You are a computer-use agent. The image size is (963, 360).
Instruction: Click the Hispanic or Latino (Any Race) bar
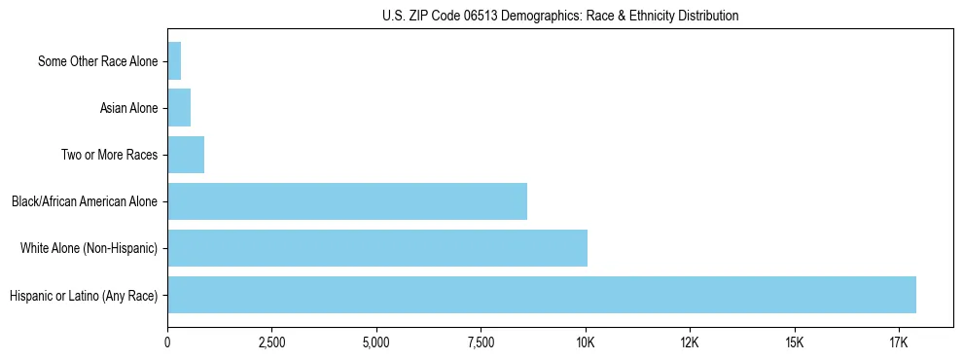pos(542,295)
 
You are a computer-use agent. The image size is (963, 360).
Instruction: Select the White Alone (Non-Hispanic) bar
pos(377,248)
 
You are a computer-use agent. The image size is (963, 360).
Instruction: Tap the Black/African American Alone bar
pos(347,201)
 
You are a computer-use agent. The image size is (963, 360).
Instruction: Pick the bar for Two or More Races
pos(186,155)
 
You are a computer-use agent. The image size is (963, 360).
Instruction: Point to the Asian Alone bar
pos(179,108)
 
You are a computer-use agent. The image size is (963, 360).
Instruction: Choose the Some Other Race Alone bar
pos(174,61)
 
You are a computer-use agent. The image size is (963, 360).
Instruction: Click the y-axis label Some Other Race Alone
pos(97,61)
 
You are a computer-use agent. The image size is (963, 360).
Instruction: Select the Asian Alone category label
pos(128,108)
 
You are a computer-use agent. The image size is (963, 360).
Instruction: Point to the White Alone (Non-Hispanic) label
pos(89,248)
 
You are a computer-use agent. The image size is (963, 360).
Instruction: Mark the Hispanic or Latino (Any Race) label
pos(84,295)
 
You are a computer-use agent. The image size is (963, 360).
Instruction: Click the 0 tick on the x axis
pos(167,343)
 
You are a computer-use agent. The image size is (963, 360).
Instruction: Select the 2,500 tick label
pos(271,343)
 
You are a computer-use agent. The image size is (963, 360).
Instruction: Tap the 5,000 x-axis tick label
pos(376,343)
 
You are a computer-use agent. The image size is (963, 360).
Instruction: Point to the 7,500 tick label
pos(481,343)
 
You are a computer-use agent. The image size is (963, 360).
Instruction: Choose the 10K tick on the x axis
pos(586,343)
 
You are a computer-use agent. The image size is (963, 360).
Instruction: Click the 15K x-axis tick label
pos(795,343)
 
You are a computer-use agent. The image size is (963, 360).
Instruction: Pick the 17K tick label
pos(899,343)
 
